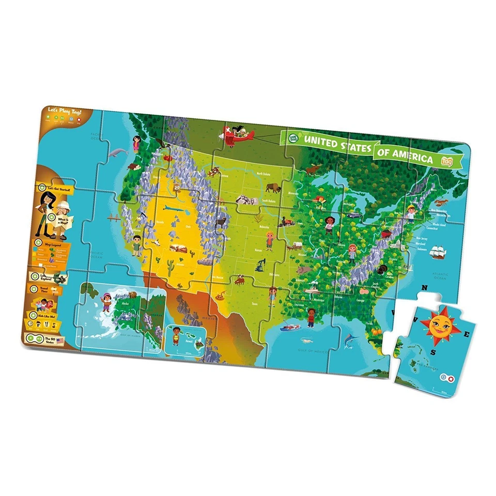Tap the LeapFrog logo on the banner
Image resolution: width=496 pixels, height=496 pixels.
pos(292,137)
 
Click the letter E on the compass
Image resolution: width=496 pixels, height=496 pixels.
pos(467,334)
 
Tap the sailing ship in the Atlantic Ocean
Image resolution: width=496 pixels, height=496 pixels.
pos(438,253)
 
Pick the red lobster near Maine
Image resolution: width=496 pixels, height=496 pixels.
pos(441,203)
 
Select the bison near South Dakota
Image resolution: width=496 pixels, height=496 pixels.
pos(273,189)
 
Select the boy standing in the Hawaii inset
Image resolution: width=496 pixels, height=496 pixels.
pos(177,336)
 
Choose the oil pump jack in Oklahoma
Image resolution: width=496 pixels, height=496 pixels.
pos(260,265)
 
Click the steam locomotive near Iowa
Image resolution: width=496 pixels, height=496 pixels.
pos(284,223)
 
